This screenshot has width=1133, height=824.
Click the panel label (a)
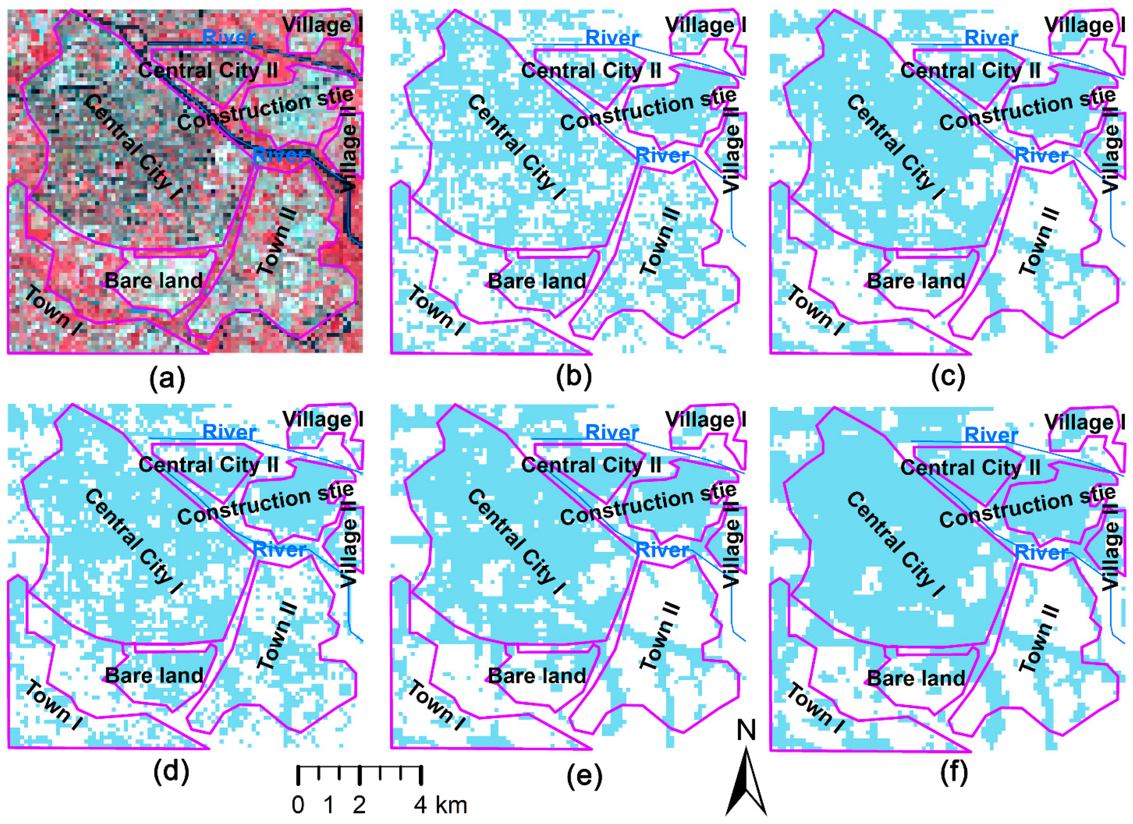click(167, 378)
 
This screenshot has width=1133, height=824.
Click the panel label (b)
click(573, 378)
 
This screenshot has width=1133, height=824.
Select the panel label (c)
click(948, 378)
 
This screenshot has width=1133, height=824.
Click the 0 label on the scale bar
click(298, 805)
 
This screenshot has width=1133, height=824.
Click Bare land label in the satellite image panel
click(154, 281)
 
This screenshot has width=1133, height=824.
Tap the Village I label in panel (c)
click(1085, 25)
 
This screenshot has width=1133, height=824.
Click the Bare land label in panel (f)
click(916, 678)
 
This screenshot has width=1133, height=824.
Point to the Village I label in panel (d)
click(323, 419)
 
